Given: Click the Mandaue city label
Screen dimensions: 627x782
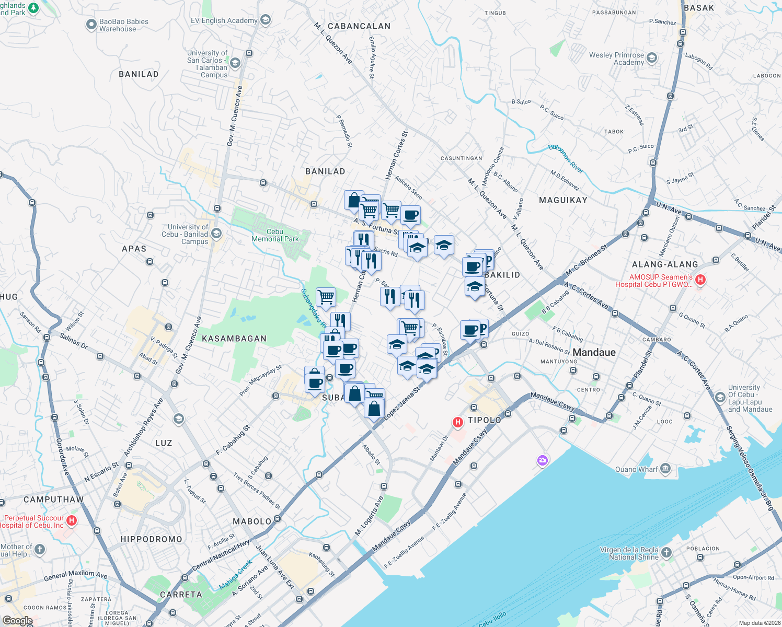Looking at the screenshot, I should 594,352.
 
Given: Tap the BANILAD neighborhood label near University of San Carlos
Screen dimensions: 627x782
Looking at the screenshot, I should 139,74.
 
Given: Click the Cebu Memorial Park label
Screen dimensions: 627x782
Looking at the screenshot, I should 275,235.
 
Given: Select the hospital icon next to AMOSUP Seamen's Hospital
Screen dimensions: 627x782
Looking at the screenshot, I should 700,280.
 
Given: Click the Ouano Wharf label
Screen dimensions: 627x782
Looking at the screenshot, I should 636,469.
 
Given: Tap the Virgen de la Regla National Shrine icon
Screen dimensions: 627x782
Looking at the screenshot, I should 666,552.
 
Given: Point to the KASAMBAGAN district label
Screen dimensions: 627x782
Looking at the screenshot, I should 234,339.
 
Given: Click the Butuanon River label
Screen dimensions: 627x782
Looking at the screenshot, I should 566,158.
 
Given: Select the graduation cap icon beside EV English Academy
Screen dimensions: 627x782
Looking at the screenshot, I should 266,20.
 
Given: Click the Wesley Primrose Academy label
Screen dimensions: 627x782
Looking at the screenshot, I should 616,59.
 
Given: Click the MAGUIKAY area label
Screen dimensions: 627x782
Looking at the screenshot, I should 563,200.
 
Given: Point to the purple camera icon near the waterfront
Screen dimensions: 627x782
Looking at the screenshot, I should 543,460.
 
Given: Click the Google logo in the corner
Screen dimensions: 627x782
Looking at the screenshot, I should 17,621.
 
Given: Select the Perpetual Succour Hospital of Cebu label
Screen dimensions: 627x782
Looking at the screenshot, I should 33,521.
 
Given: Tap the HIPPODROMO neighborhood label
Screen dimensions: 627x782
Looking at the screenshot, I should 151,539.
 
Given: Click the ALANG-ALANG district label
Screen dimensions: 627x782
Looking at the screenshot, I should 665,264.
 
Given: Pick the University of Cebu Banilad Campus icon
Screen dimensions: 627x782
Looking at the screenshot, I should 216,234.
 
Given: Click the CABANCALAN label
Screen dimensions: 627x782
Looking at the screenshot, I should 359,26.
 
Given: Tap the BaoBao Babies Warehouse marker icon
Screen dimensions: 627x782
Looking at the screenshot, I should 91,25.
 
